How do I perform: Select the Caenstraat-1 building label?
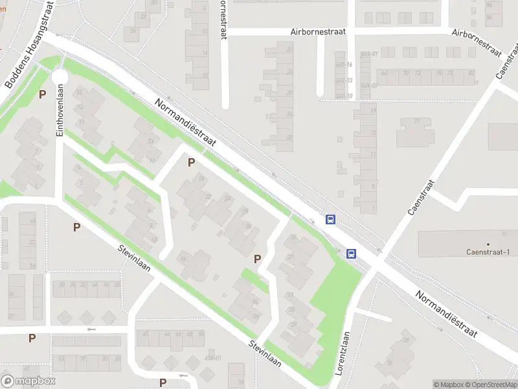(488, 252)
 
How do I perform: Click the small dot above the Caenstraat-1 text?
(488, 244)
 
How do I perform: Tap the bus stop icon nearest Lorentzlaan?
(352, 253)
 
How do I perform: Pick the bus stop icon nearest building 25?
(330, 220)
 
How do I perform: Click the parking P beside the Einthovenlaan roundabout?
(42, 94)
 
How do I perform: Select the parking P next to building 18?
(191, 162)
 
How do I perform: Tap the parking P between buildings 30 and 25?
(257, 259)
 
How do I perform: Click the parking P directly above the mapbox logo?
(32, 338)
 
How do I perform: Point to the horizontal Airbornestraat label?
(318, 31)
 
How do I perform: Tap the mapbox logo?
(28, 381)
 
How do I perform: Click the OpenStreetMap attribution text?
(490, 384)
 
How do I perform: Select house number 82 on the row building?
(471, 73)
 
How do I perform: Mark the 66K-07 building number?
(369, 86)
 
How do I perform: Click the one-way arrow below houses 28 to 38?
(91, 329)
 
